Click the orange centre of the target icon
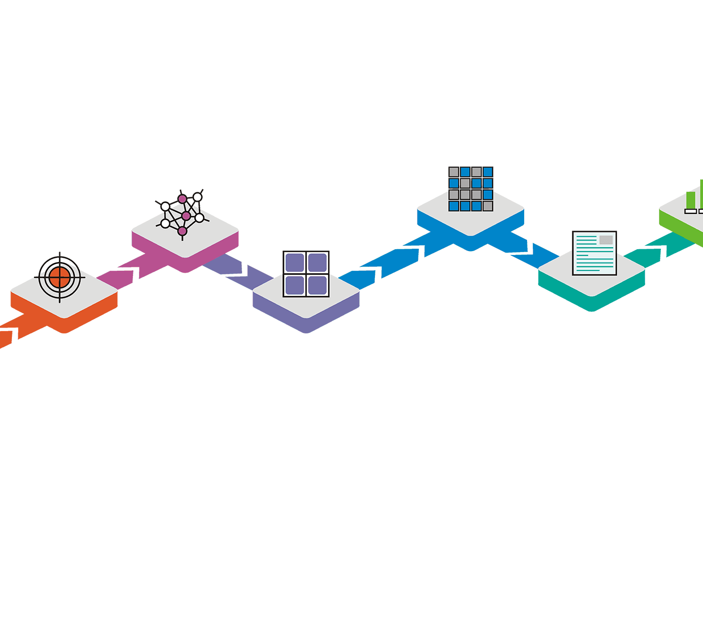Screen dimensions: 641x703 coord(60,277)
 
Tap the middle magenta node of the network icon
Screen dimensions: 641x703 coord(186,216)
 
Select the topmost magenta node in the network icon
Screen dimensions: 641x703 coord(182,199)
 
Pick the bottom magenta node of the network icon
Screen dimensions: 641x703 coord(182,231)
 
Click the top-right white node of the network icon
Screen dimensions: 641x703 coord(198,197)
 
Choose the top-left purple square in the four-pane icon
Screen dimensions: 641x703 coord(295,263)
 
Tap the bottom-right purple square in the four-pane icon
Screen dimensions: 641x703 coord(318,286)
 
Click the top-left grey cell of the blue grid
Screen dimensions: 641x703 coord(454,172)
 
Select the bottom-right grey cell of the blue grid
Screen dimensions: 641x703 coord(488,206)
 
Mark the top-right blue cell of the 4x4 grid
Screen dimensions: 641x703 coord(488,172)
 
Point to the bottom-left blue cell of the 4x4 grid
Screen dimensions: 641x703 coord(454,206)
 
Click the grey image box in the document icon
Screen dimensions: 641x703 coord(606,240)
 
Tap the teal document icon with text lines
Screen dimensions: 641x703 coord(594,254)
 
